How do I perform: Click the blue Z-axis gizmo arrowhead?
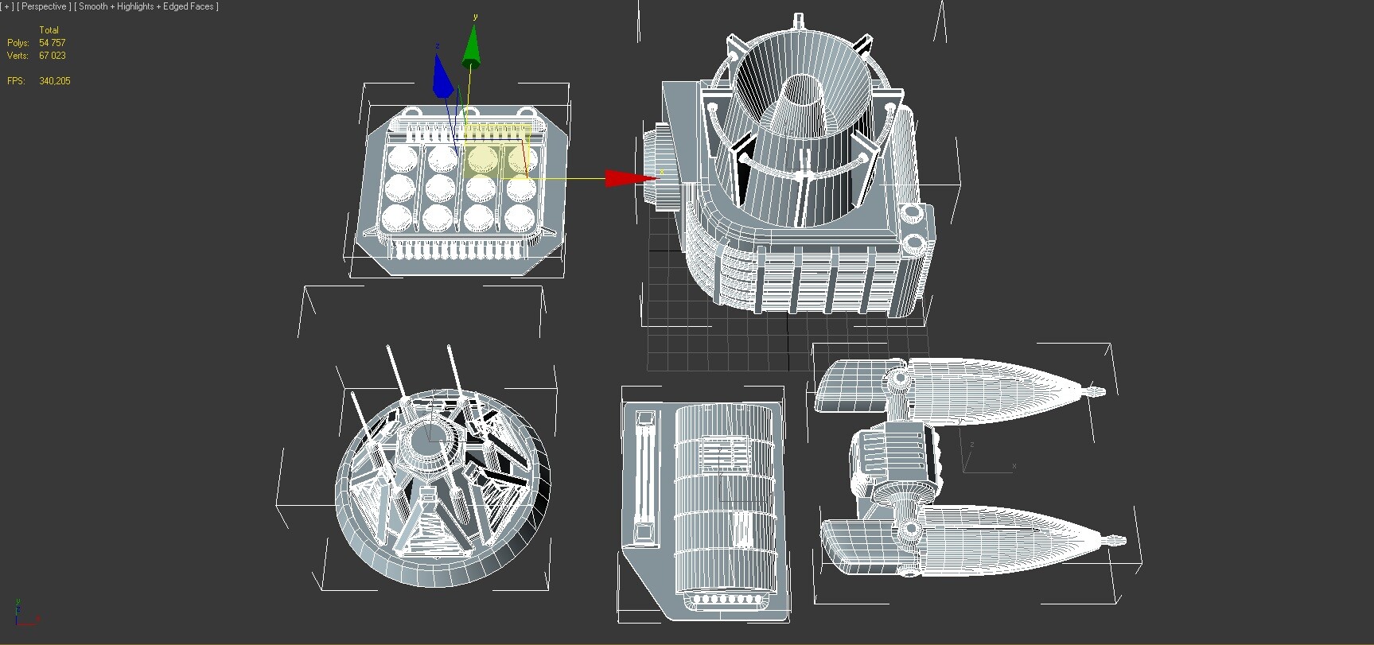click(x=442, y=78)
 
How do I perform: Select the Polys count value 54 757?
click(x=53, y=43)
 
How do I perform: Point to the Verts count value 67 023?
click(x=53, y=56)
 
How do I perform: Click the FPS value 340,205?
click(x=55, y=81)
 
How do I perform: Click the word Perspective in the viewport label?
click(x=44, y=6)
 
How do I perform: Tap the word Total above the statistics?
click(x=49, y=30)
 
